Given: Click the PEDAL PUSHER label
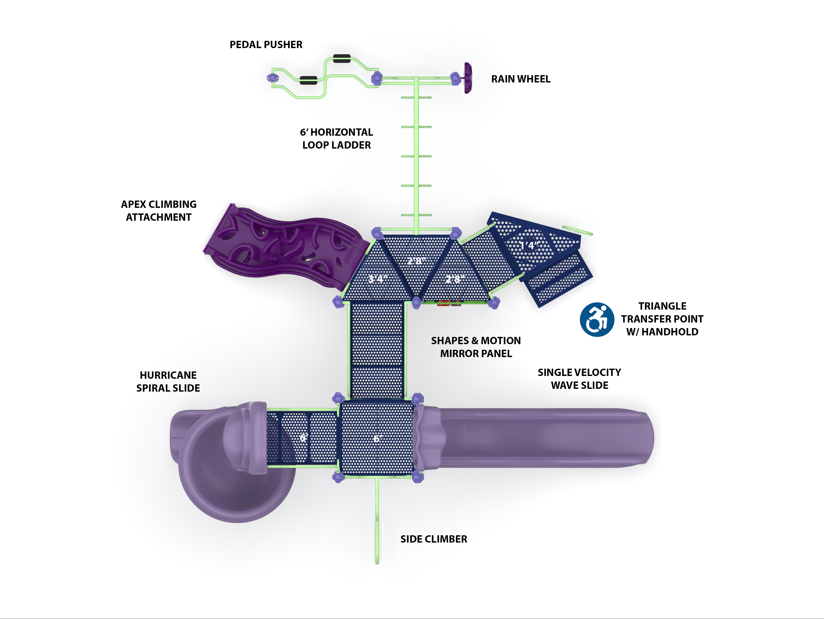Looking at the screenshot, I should pos(266,45).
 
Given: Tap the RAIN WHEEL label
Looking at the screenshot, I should pos(520,79).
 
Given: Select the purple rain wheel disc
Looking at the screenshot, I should pos(468,78).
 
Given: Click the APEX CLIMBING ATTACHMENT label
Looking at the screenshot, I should pos(159,211).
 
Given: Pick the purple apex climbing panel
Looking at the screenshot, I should pos(283,246).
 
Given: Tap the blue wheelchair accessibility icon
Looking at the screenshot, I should pos(597,319).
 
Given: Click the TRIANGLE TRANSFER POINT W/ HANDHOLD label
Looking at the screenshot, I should pos(662,319).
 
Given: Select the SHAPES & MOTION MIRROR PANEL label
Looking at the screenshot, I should pos(476,347).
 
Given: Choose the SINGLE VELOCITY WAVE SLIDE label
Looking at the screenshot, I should pos(579,379).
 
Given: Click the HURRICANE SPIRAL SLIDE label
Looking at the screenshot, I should pos(168,382).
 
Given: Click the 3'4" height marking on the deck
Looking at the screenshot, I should pos(378,278).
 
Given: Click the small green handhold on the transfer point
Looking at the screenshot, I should pos(577,230).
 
